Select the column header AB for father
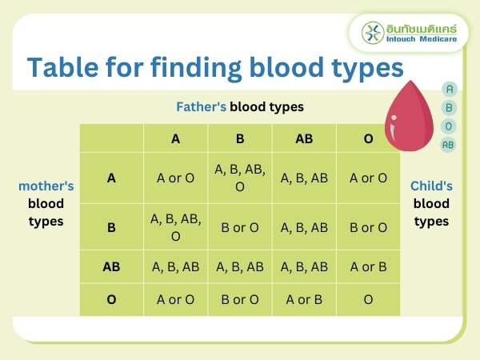coord(304,138)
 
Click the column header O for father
coord(368,138)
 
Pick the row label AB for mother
coord(111,266)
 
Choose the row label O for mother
coord(111,299)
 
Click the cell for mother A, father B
coord(239,178)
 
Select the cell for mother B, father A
coord(175,226)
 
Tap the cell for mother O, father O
coord(368,299)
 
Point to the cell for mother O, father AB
coord(304,299)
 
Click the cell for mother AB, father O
coord(368,266)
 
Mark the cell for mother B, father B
coord(239,227)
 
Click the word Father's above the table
coord(201,106)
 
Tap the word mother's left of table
coord(46,186)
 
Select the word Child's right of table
coord(431,186)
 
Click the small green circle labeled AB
coord(449,145)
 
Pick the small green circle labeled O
coord(449,126)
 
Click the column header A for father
coord(175,138)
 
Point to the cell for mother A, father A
coord(175,178)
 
